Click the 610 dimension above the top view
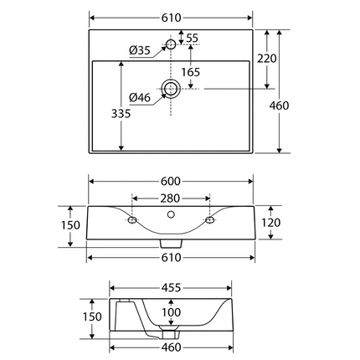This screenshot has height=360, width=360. click(172, 18)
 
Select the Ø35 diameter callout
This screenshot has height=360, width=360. click(140, 52)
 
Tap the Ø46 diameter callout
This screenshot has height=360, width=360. click(140, 99)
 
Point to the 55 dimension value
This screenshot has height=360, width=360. click(192, 39)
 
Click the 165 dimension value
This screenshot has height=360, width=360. click(191, 73)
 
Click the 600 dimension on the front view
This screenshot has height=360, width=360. click(172, 183)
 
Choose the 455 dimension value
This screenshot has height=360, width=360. click(171, 287)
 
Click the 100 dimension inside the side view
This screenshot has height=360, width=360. click(171, 312)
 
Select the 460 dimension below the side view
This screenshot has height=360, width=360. click(171, 347)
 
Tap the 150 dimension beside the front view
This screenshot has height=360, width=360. click(70, 225)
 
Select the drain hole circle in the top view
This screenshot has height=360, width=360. click(171, 88)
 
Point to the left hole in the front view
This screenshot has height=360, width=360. click(132, 221)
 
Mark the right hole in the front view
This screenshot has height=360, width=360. click(209, 221)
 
